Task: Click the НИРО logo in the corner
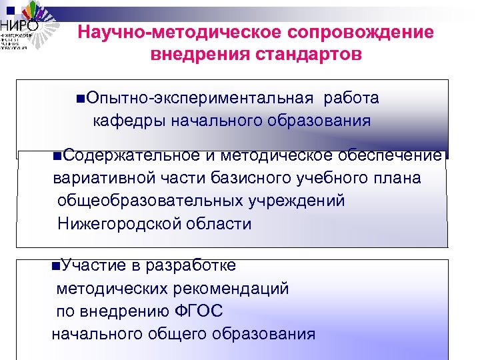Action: tap(23, 27)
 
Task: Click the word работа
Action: tap(351, 99)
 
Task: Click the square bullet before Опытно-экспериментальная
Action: tap(81, 99)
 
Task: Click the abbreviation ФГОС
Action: tap(199, 311)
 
